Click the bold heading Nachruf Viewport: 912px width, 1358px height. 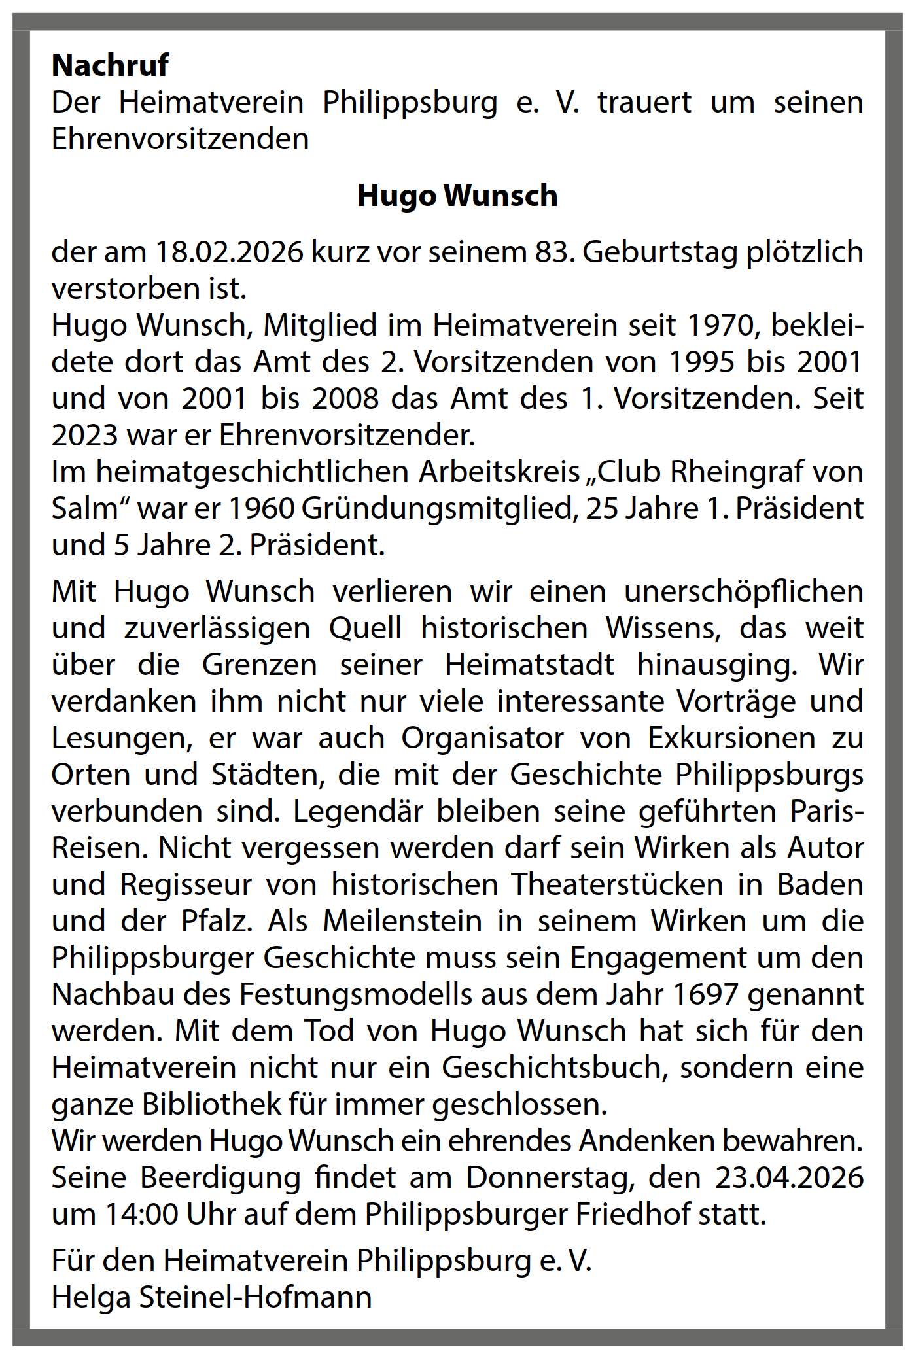110,65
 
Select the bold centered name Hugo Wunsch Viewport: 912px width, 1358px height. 457,196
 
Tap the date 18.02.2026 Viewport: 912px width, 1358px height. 230,252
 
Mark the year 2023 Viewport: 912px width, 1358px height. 85,436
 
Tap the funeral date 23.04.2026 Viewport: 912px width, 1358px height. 789,1177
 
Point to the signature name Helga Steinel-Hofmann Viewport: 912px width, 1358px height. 211,1297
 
